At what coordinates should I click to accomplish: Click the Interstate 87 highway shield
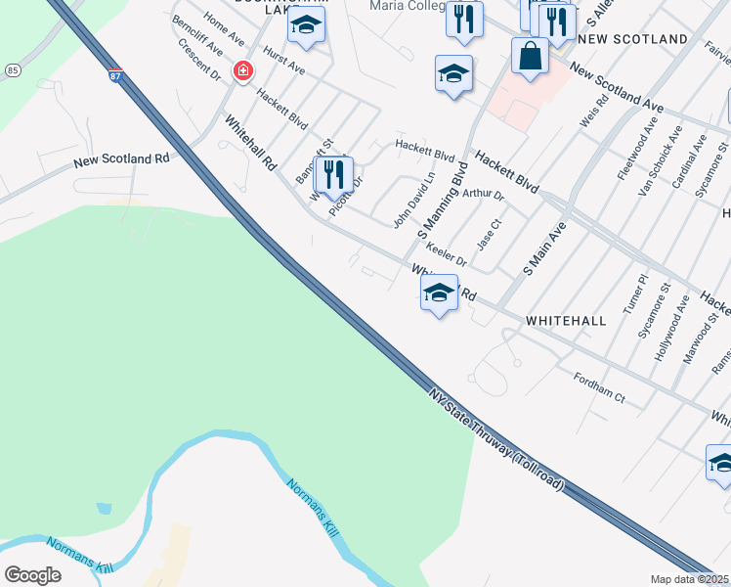click(x=115, y=76)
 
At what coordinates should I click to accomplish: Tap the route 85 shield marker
click(x=12, y=70)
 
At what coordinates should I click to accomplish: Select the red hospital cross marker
click(x=241, y=71)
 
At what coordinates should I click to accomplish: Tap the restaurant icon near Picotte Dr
click(x=336, y=174)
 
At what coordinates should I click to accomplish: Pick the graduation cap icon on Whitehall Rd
click(x=439, y=292)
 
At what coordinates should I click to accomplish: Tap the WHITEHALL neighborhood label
click(x=566, y=320)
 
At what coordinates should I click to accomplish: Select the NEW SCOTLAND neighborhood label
click(x=632, y=39)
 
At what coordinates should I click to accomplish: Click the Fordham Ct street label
click(x=599, y=387)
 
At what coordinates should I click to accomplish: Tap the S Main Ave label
click(x=544, y=247)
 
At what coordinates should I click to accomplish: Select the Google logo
click(x=33, y=574)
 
